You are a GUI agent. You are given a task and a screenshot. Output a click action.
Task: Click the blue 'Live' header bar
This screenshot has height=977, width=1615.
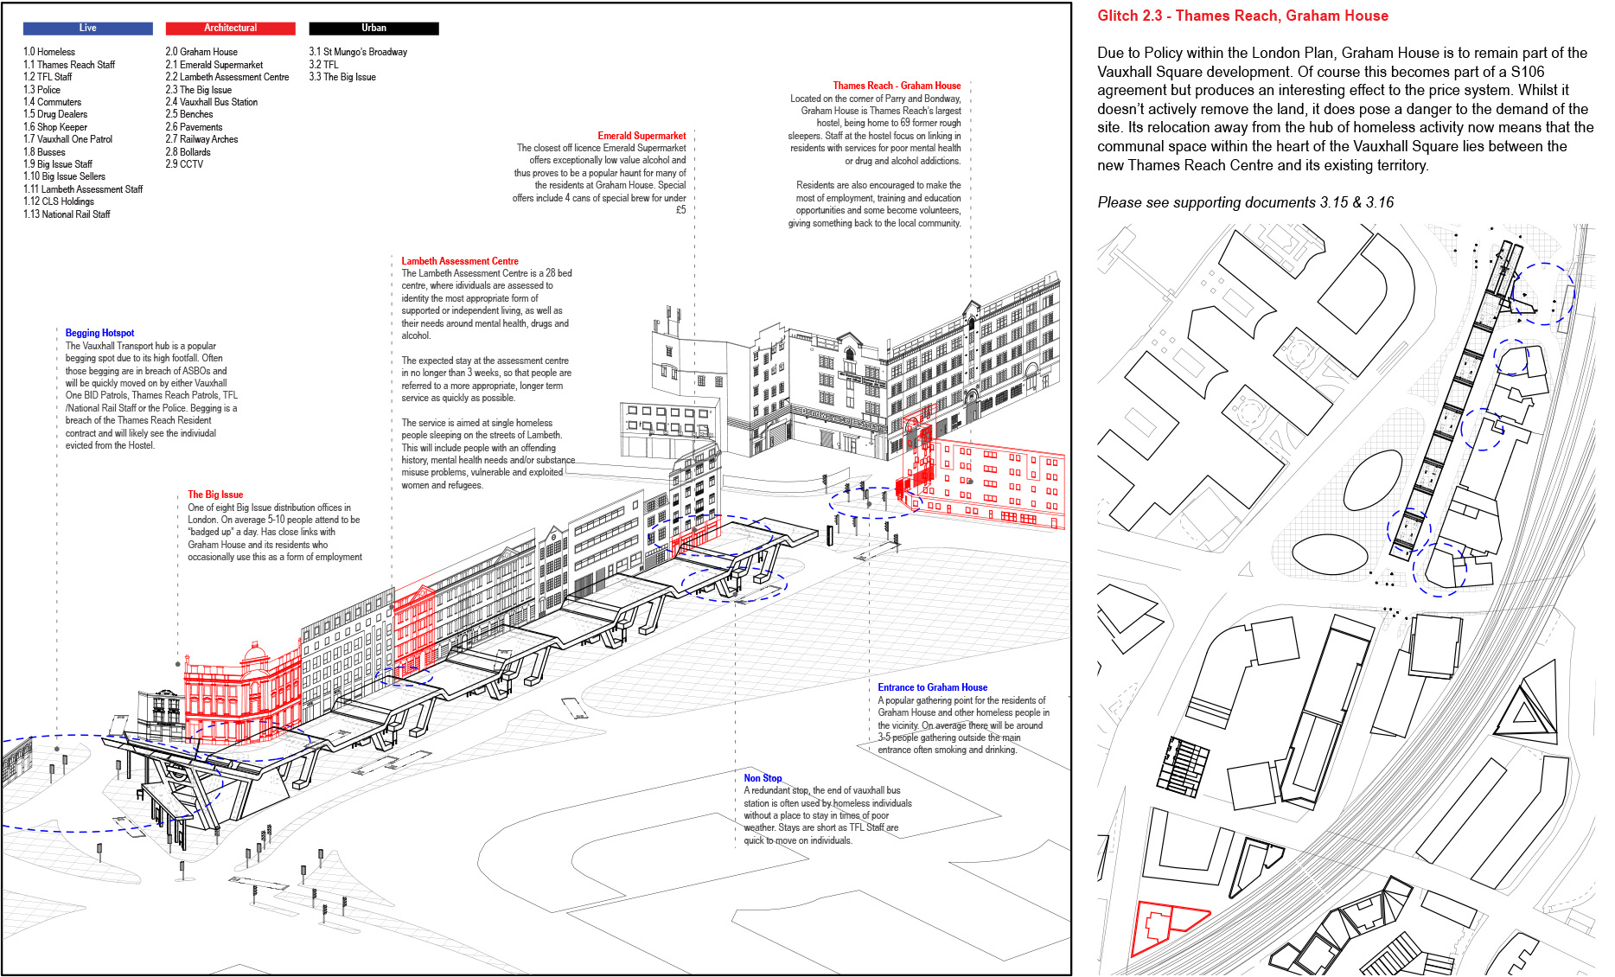(87, 29)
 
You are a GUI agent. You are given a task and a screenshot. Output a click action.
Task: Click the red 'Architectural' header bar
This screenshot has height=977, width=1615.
(230, 29)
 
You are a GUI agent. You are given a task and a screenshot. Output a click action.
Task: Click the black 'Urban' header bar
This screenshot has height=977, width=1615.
(373, 29)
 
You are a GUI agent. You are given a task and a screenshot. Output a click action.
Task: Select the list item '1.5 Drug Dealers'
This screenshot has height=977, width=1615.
(55, 114)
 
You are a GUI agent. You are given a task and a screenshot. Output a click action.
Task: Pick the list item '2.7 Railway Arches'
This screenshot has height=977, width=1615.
(201, 139)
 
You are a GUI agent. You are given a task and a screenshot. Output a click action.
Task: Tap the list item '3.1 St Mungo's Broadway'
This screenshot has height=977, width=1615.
(358, 52)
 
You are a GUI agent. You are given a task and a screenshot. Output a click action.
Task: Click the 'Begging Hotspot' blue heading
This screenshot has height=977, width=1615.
(99, 333)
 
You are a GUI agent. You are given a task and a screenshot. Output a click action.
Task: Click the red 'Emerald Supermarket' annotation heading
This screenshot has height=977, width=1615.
(642, 136)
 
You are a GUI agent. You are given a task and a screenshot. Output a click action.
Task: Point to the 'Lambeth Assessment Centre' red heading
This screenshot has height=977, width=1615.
(460, 261)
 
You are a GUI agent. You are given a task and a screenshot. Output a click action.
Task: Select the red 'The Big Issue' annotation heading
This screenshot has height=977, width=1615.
(215, 495)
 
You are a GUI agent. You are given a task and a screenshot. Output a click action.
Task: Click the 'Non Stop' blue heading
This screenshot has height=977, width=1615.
(763, 778)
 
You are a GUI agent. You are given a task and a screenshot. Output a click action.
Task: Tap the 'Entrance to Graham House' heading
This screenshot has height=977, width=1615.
(932, 687)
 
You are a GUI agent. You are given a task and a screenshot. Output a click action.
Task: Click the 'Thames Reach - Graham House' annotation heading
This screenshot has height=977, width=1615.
(897, 86)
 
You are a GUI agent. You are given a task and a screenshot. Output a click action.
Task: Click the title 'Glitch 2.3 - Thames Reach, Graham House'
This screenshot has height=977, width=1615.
(1242, 16)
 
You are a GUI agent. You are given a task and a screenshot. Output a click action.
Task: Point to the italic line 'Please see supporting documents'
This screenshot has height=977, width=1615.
(1245, 202)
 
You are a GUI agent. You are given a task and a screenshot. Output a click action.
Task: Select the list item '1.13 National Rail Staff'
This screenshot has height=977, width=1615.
(67, 214)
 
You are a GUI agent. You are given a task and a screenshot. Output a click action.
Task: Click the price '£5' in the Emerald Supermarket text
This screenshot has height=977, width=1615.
(680, 210)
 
